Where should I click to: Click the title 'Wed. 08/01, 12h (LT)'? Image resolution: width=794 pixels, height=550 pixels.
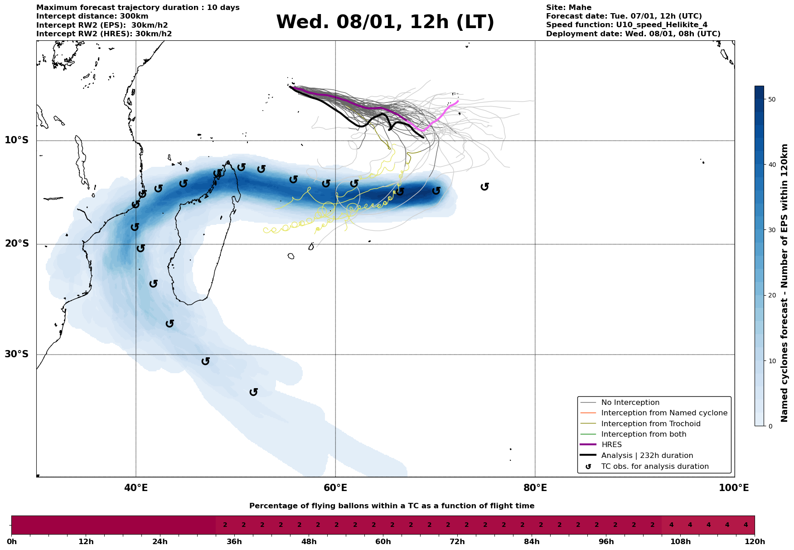click(x=385, y=22)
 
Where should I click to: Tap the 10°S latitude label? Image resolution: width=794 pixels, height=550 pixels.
click(x=17, y=140)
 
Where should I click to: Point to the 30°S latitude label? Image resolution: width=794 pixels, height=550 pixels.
click(x=17, y=354)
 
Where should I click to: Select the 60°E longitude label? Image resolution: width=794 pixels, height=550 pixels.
click(x=335, y=488)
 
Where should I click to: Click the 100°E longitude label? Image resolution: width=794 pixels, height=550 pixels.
click(x=734, y=488)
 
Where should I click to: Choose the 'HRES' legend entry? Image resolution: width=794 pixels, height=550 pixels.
click(x=611, y=445)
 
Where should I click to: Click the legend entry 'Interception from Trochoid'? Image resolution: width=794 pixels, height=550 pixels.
click(x=650, y=424)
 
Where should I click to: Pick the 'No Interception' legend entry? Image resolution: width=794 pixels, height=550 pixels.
click(x=630, y=403)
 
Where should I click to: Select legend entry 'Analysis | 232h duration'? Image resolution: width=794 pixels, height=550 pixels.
click(x=647, y=456)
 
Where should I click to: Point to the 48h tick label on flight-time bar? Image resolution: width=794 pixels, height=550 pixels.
click(x=309, y=541)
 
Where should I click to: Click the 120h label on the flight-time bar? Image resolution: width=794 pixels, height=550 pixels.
click(x=755, y=541)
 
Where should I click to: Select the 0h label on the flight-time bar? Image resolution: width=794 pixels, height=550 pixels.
click(x=12, y=541)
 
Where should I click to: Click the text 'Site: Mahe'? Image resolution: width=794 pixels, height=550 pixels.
click(x=568, y=8)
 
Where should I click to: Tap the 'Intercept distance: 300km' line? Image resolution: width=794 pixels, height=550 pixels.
click(x=92, y=16)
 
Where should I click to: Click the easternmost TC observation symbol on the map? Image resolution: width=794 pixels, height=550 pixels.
click(x=484, y=186)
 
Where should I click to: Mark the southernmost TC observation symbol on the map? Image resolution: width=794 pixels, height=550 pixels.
click(x=254, y=392)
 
